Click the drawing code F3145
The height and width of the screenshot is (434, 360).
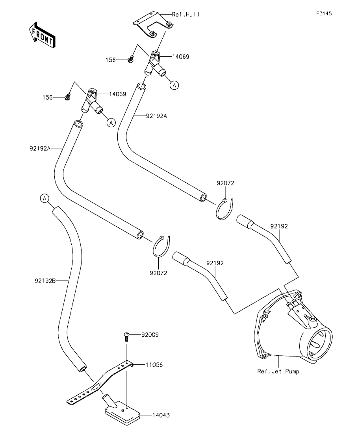(x=324, y=13)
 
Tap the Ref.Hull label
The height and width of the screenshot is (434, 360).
(x=186, y=14)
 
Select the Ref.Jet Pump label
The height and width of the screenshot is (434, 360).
(x=278, y=371)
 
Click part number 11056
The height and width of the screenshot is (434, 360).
(x=154, y=365)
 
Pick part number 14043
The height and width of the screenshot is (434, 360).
(x=161, y=415)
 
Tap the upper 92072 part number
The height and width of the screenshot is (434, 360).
(x=225, y=183)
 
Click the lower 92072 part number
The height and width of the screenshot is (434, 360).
(x=158, y=272)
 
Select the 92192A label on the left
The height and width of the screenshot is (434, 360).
(x=40, y=148)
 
